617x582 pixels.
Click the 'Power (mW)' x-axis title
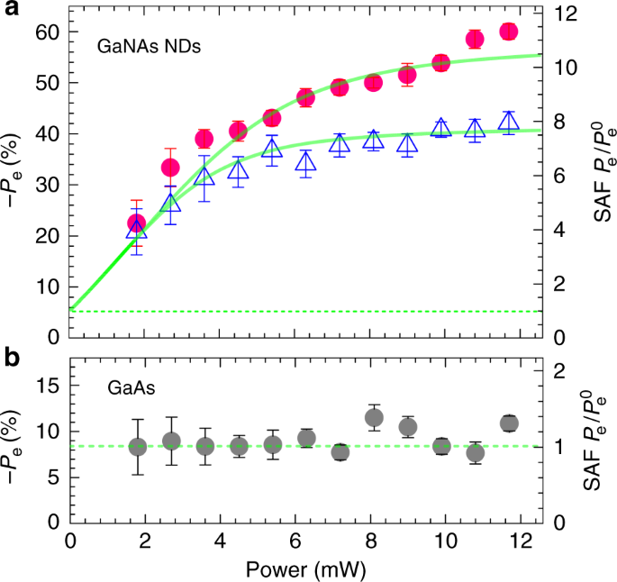[x=306, y=568]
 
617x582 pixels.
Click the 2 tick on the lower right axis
[x=565, y=370]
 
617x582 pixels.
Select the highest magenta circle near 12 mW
[x=509, y=32]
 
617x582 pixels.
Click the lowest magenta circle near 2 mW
[x=136, y=223]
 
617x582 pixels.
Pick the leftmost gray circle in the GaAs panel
[x=138, y=447]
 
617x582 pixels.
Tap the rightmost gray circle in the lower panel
[x=509, y=423]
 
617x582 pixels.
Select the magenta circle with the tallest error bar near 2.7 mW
[x=170, y=168]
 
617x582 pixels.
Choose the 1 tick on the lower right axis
[x=565, y=446]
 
